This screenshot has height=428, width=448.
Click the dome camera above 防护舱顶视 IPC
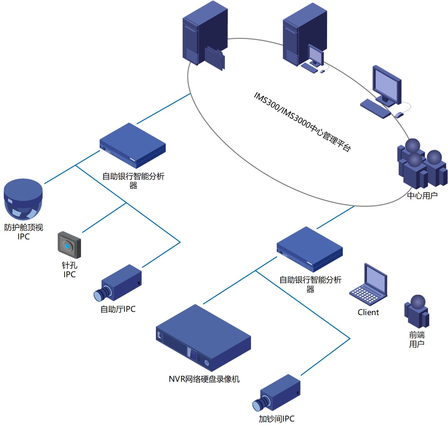coord(23,199)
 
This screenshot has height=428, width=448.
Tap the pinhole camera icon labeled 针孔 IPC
coord(69,245)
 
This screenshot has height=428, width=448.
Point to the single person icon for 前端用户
coord(417,312)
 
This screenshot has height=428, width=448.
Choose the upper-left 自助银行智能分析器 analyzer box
coord(133,146)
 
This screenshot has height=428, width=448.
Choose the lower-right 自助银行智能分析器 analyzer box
coord(310,249)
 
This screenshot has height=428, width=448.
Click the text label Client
coord(368,313)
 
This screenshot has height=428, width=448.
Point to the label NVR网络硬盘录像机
coord(204,379)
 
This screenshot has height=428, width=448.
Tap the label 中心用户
coord(422,195)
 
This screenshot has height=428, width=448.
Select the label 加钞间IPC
coord(276,419)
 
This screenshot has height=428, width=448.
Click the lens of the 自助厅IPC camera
coord(98,295)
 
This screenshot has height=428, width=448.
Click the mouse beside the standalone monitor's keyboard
coord(399,115)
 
